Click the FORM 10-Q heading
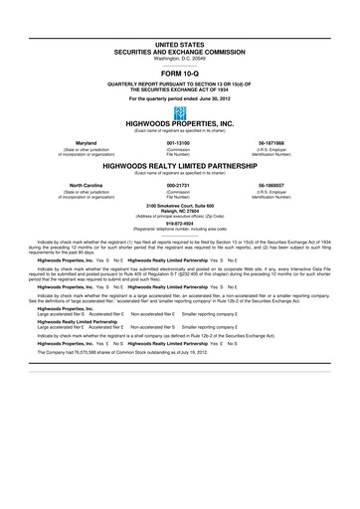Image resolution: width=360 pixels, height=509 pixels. pos(180,73)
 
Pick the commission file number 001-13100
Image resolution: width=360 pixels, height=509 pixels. pos(180,143)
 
